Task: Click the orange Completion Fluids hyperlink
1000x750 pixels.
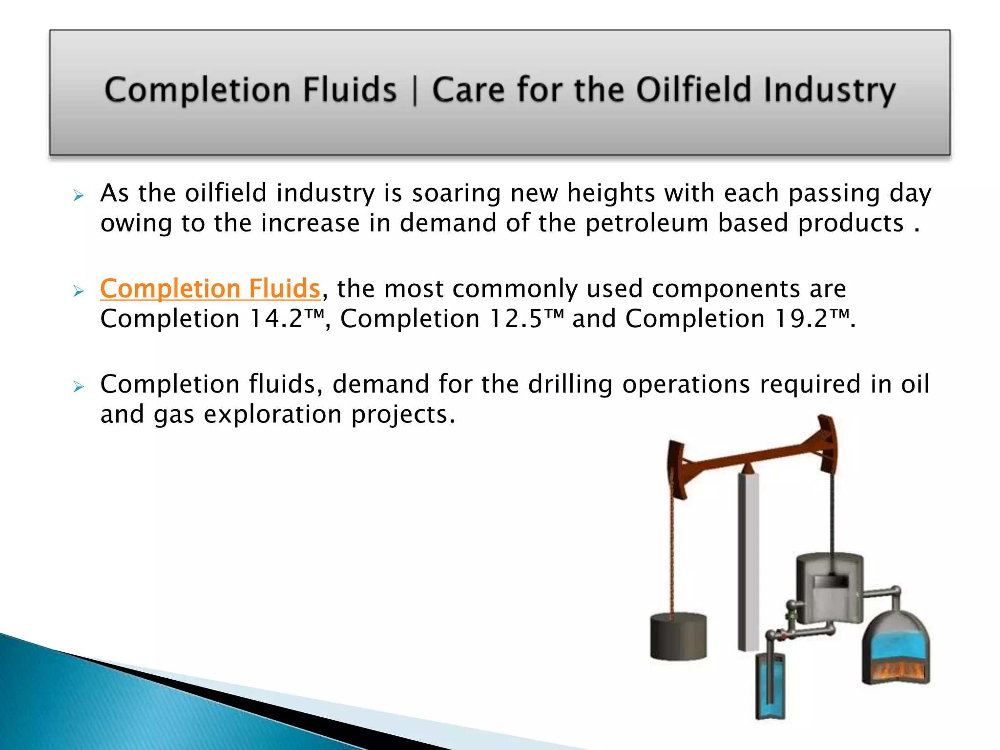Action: point(210,289)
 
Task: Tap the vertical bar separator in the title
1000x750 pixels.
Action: point(415,91)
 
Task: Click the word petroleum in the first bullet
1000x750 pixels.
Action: point(646,224)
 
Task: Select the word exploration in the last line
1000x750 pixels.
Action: point(272,415)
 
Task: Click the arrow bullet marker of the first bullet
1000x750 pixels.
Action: point(78,196)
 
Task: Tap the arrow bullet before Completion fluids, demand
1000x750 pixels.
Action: point(78,387)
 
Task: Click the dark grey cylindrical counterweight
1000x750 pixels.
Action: point(678,636)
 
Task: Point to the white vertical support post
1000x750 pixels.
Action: point(748,562)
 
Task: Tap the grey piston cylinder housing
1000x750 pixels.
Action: point(829,586)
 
